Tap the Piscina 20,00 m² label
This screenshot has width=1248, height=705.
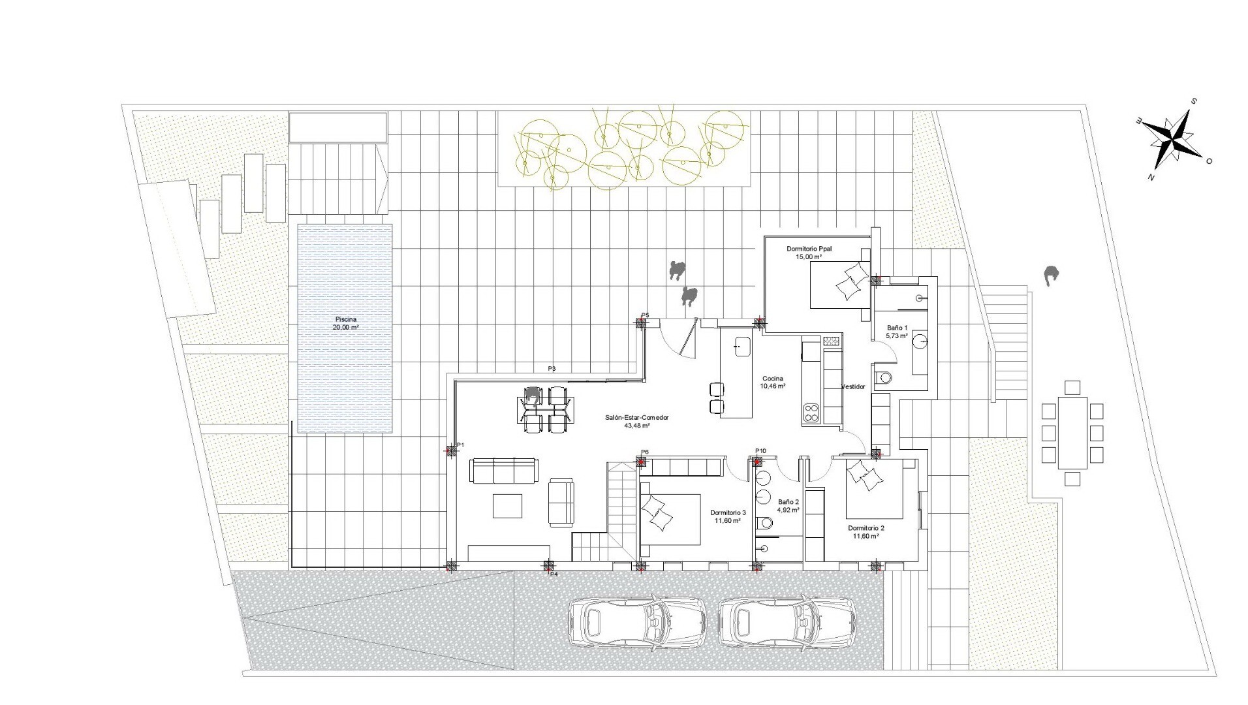(345, 323)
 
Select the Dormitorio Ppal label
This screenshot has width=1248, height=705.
(809, 249)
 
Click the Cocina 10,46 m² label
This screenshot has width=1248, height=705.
(772, 382)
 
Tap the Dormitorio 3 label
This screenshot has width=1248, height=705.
(727, 512)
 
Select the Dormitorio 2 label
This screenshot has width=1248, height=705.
(866, 528)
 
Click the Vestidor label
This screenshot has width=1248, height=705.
(853, 386)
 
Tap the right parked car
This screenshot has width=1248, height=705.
(787, 623)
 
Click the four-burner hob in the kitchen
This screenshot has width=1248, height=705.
(811, 413)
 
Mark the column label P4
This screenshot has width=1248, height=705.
(554, 574)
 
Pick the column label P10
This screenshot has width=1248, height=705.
(760, 451)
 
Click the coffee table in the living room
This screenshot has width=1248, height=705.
(507, 506)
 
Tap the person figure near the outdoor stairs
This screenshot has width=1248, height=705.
(1050, 276)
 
